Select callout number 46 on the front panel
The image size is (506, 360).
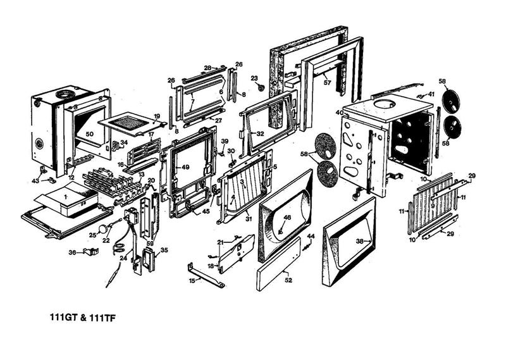click(x=287, y=218)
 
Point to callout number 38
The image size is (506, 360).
click(x=359, y=241)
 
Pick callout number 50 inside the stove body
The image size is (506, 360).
click(x=89, y=134)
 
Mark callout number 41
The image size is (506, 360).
click(x=431, y=94)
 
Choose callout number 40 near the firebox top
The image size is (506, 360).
click(x=340, y=113)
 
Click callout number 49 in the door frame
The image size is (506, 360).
click(x=185, y=167)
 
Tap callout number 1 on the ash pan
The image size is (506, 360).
click(x=66, y=196)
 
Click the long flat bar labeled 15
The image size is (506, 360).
click(x=206, y=276)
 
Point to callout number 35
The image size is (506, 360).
click(x=164, y=251)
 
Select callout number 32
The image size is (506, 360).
click(x=260, y=134)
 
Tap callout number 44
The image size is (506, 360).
click(x=311, y=236)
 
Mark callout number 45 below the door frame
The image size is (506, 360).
click(x=206, y=211)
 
